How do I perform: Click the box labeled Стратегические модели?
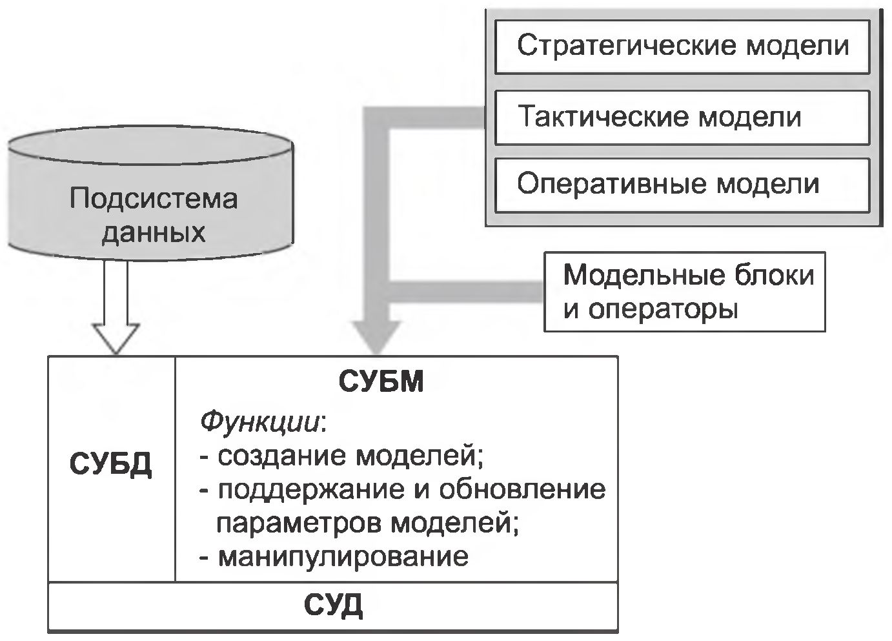coord(682,47)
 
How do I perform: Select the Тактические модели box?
coord(682,117)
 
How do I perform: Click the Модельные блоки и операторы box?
coord(684,292)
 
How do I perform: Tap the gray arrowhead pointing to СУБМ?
coord(378,336)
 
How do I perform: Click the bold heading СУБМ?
coord(381,382)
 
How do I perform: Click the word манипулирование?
coord(343,556)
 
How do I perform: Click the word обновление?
coord(522,490)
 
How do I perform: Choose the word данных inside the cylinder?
coord(154,231)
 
